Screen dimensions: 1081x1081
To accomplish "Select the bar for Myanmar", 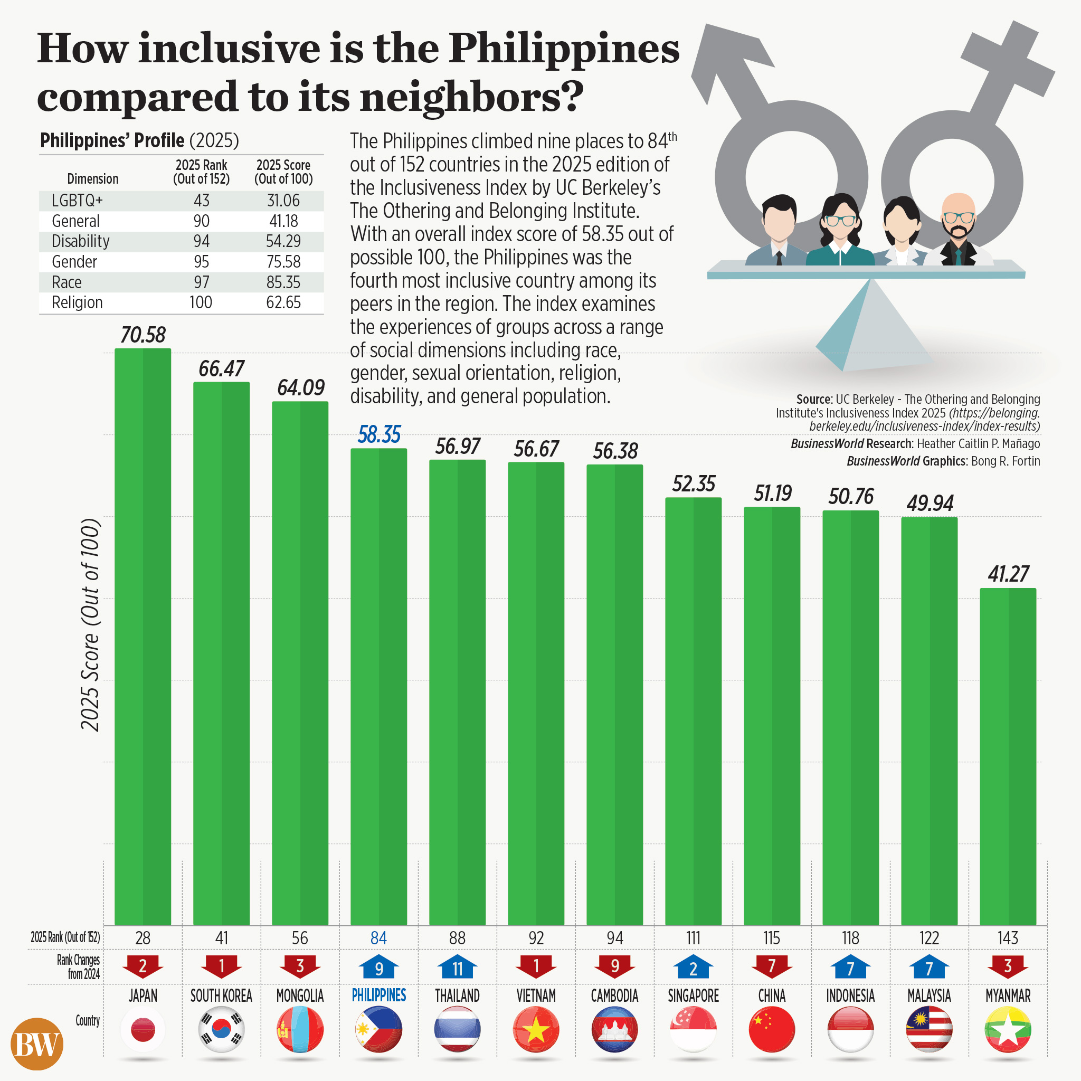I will click(1008, 755).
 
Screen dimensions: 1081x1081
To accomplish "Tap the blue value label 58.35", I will click(379, 435).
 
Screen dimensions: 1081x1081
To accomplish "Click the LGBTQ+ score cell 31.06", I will click(283, 200).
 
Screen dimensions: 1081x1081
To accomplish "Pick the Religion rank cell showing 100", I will click(201, 302).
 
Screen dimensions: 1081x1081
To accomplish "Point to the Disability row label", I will click(81, 241).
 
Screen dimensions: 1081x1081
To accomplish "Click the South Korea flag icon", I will click(222, 1029).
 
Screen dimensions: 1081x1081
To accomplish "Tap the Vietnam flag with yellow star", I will click(536, 1029).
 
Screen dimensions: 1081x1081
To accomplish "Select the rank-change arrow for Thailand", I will click(457, 968).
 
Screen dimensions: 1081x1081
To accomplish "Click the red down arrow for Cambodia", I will click(614, 966).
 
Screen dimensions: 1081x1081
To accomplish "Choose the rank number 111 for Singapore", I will click(693, 938).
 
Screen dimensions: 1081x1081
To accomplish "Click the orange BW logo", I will click(37, 1044).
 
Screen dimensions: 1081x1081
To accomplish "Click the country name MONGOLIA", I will click(300, 996).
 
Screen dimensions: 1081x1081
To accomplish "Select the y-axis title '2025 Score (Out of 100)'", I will click(90, 625).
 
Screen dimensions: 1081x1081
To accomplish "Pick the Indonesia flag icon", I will click(850, 1029).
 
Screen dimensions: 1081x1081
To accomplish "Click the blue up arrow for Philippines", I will click(379, 968).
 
